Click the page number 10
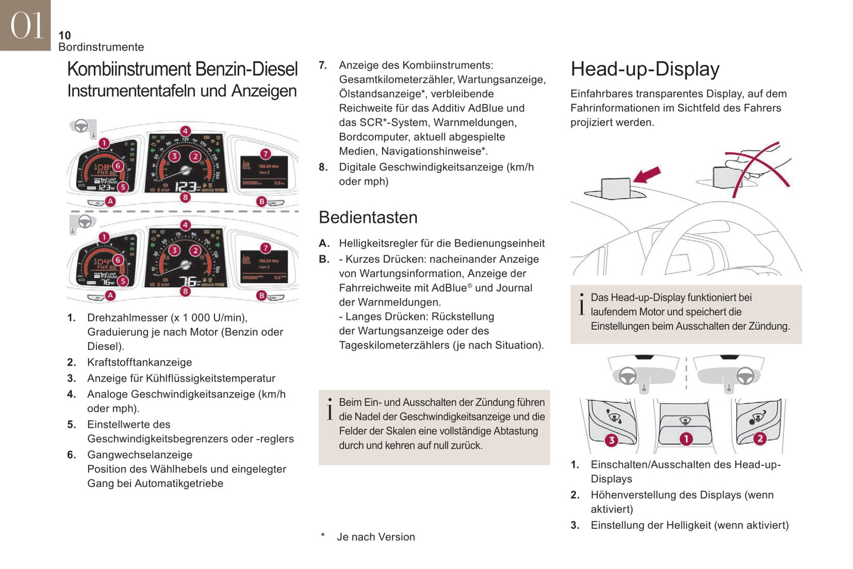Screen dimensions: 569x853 pyautogui.click(x=64, y=35)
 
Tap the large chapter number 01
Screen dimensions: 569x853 pyautogui.click(x=27, y=26)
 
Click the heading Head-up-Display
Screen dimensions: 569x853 pyautogui.click(x=645, y=69)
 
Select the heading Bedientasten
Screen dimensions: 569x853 pyautogui.click(x=368, y=217)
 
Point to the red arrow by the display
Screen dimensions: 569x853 pyautogui.click(x=646, y=175)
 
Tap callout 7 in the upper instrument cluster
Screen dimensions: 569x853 pyautogui.click(x=266, y=153)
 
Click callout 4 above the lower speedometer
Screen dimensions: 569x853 pyautogui.click(x=185, y=225)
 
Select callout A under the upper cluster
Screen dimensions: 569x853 pyautogui.click(x=110, y=201)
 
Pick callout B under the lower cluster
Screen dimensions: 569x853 pyautogui.click(x=262, y=295)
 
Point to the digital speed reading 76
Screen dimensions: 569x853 pyautogui.click(x=189, y=282)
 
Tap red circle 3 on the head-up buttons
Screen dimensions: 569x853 pyautogui.click(x=611, y=440)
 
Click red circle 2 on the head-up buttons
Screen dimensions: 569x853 pyautogui.click(x=760, y=438)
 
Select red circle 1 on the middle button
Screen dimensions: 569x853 pyautogui.click(x=685, y=439)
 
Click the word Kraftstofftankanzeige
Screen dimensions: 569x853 pyautogui.click(x=139, y=362)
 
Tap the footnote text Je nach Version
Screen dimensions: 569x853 pyautogui.click(x=375, y=537)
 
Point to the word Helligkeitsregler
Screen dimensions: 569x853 pyautogui.click(x=381, y=243)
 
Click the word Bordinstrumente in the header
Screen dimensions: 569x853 pyautogui.click(x=101, y=47)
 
